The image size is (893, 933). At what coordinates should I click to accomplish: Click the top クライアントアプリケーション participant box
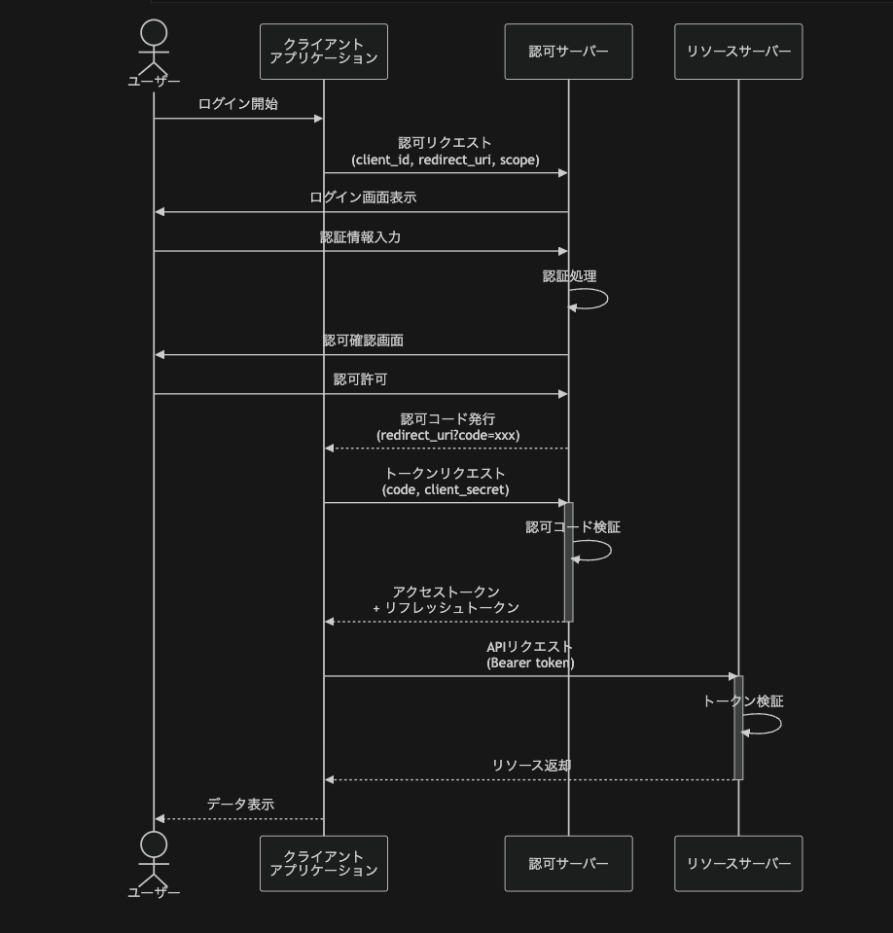click(323, 52)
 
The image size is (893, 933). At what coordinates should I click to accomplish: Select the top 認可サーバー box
click(568, 52)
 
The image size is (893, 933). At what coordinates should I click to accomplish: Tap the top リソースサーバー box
click(738, 52)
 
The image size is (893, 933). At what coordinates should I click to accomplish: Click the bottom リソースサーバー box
click(738, 863)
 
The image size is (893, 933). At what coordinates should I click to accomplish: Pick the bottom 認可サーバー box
click(568, 863)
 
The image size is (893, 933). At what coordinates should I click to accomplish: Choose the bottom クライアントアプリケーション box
click(323, 863)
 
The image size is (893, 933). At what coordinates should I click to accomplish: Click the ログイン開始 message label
click(238, 104)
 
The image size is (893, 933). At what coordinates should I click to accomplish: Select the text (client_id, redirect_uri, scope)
click(446, 160)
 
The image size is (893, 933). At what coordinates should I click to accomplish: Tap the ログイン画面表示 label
click(363, 197)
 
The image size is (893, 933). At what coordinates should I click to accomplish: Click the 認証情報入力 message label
click(360, 237)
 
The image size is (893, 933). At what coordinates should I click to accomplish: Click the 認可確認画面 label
click(363, 341)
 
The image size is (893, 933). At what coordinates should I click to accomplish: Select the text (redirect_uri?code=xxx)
click(447, 435)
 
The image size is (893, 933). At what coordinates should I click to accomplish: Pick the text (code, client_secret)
click(446, 489)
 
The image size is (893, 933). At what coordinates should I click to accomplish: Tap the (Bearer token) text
click(530, 663)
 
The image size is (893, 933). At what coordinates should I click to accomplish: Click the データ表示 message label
click(240, 805)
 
